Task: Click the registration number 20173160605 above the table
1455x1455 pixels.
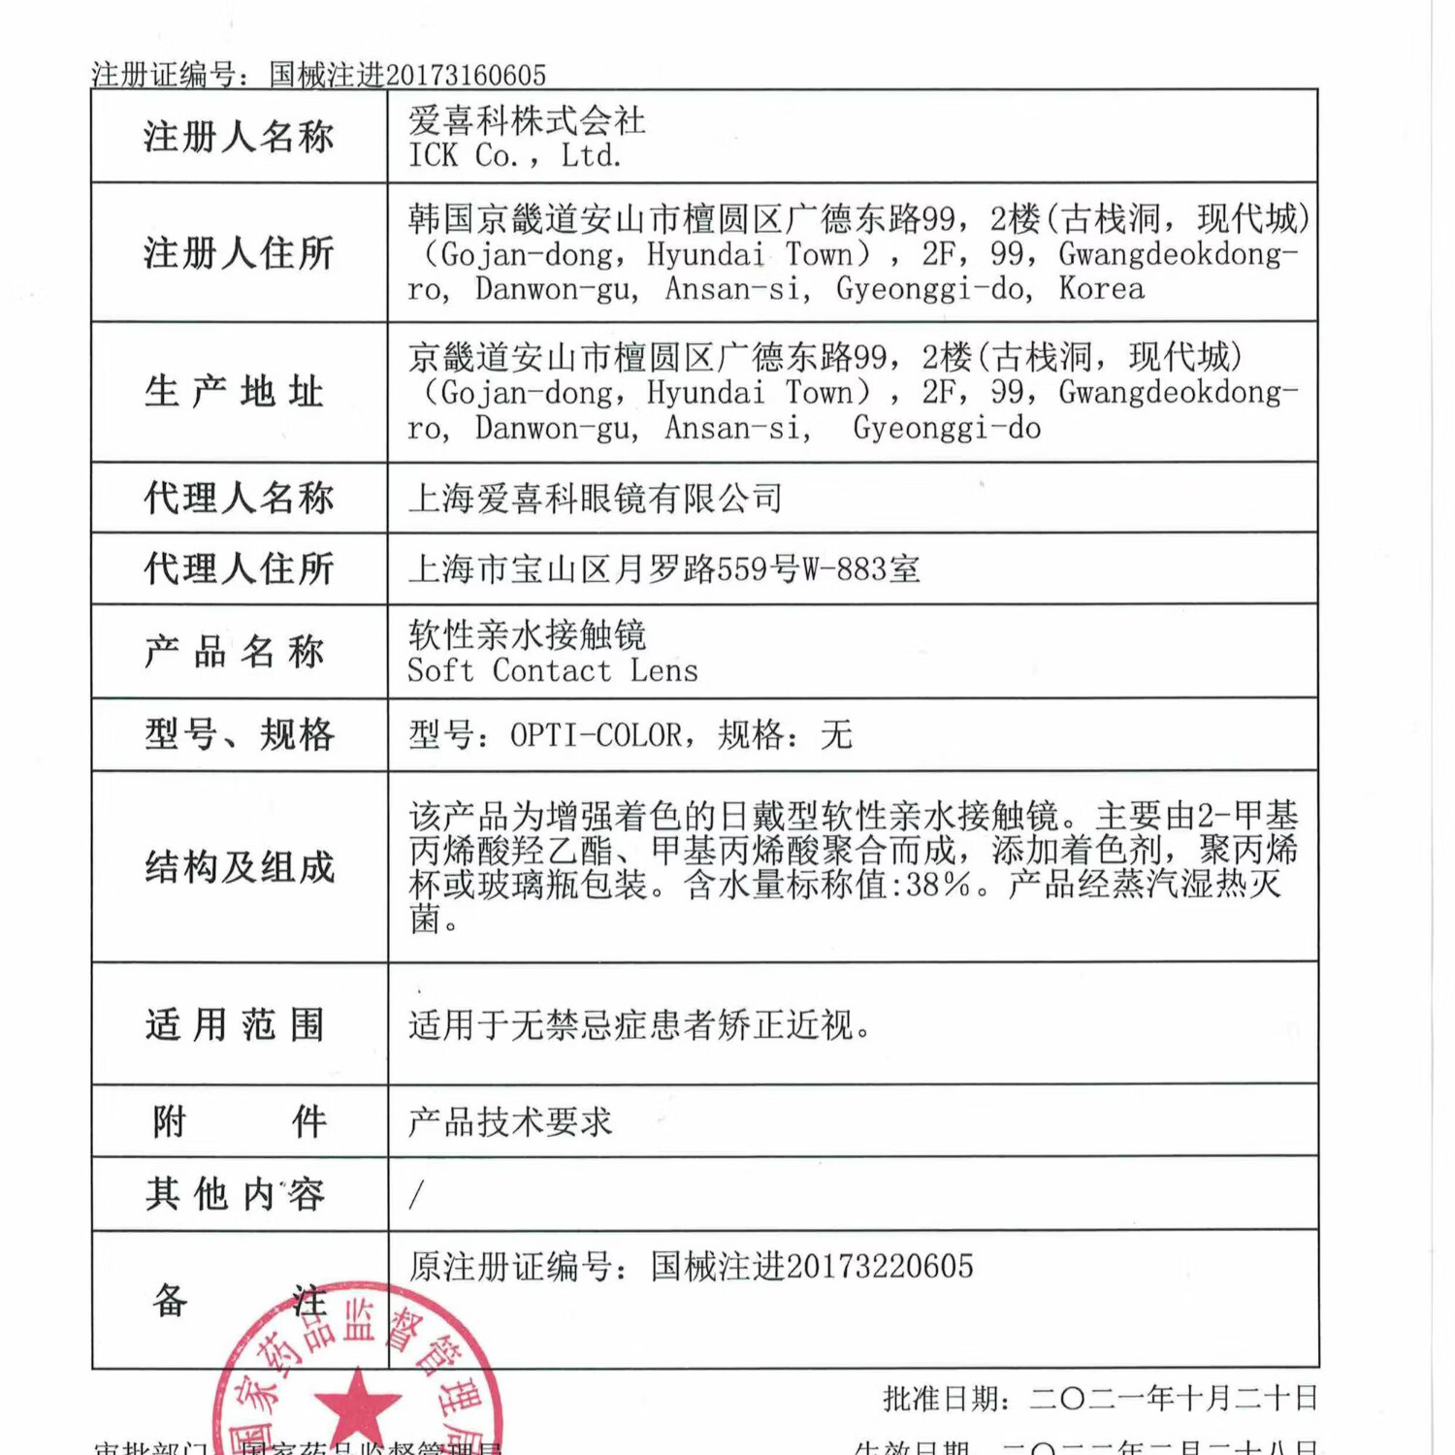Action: pyautogui.click(x=466, y=75)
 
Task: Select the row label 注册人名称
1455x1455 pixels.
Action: pyautogui.click(x=239, y=137)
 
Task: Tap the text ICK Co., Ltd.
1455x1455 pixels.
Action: pyautogui.click(x=514, y=155)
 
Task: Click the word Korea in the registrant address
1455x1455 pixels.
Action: pyautogui.click(x=1101, y=289)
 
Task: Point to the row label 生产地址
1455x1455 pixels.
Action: pyautogui.click(x=235, y=392)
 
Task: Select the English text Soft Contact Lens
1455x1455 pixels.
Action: pyautogui.click(x=552, y=671)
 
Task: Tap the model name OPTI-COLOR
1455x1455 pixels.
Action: pyautogui.click(x=596, y=735)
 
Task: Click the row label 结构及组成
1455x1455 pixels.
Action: pyautogui.click(x=240, y=867)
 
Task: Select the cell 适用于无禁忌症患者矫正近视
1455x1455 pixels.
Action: pyautogui.click(x=639, y=1024)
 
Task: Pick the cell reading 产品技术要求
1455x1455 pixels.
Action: pyautogui.click(x=510, y=1122)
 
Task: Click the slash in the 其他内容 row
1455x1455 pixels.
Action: pyautogui.click(x=416, y=1194)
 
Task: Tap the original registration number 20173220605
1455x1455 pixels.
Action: pyautogui.click(x=879, y=1267)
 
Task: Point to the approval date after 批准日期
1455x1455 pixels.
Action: pyautogui.click(x=1174, y=1399)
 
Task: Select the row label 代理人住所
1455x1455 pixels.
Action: pyautogui.click(x=239, y=568)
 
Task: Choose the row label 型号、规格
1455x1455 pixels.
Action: pyautogui.click(x=240, y=734)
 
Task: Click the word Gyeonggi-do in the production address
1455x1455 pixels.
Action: pyautogui.click(x=947, y=428)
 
